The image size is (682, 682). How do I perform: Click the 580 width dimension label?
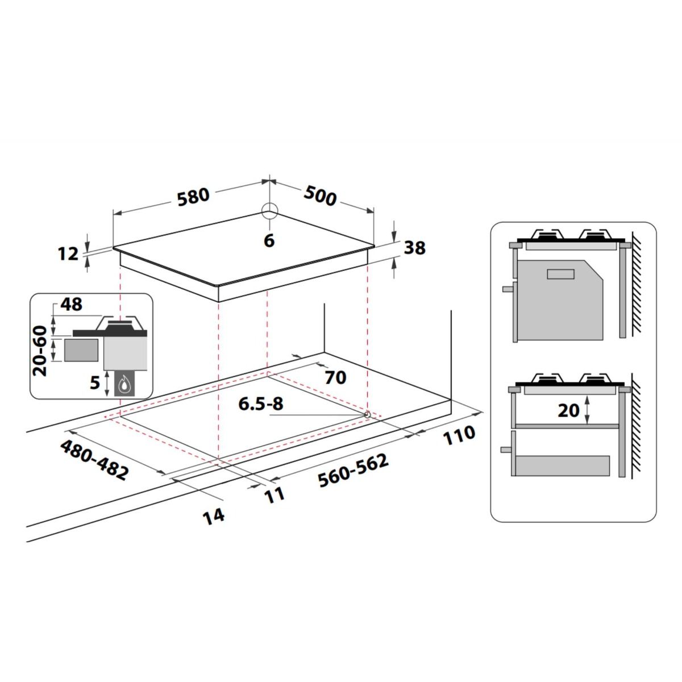193,197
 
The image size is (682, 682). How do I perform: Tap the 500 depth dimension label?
320,196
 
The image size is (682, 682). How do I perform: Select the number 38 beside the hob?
415,248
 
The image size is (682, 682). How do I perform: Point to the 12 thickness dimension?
68,253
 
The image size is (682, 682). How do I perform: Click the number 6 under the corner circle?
269,240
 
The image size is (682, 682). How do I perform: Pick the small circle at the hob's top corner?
270,211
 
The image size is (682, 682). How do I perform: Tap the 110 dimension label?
459,435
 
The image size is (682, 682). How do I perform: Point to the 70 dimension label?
335,377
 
